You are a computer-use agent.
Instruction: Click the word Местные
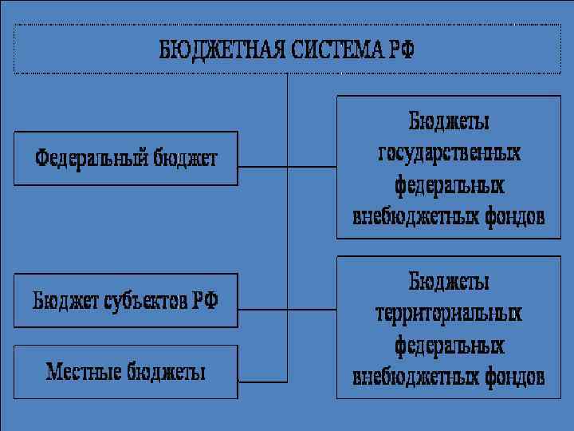(x=85, y=371)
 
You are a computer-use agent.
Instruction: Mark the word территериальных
(x=449, y=313)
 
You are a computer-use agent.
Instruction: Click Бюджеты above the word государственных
(x=449, y=121)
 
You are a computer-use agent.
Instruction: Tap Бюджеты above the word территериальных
(x=449, y=281)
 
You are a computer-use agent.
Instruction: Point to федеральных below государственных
(x=449, y=184)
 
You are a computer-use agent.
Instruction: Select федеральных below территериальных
(x=449, y=345)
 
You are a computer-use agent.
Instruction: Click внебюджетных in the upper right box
(x=415, y=216)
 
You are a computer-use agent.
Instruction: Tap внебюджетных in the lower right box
(x=415, y=376)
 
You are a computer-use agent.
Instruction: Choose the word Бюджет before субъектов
(x=63, y=301)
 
